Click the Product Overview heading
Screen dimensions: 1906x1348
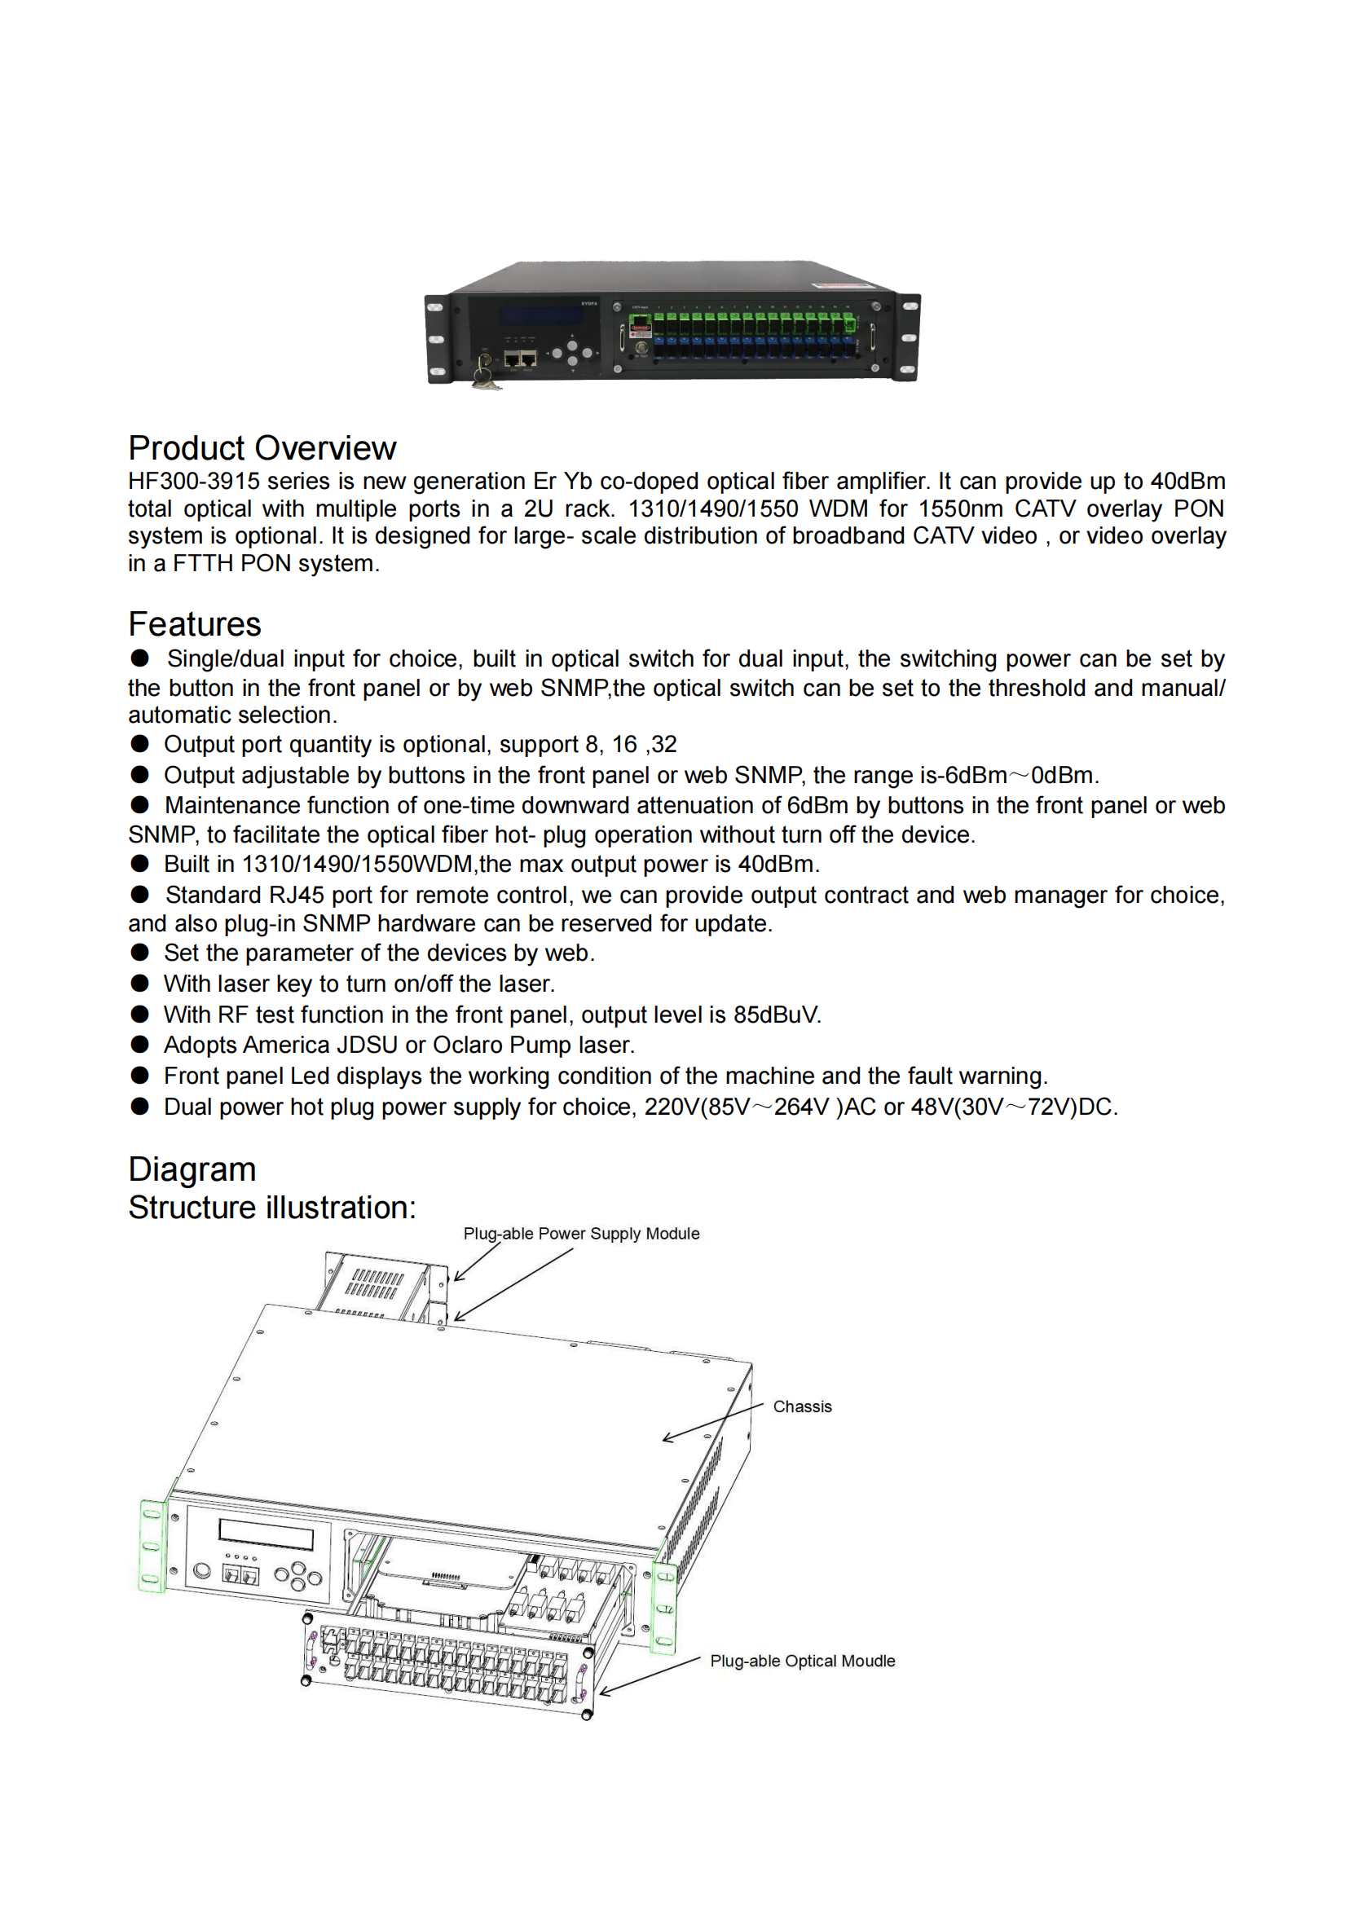[262, 448]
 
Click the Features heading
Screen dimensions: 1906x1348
[194, 624]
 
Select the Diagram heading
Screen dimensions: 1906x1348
[192, 1169]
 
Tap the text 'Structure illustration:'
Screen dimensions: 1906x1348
[271, 1208]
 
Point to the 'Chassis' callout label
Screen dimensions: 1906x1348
[802, 1407]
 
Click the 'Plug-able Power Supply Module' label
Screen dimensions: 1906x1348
[581, 1234]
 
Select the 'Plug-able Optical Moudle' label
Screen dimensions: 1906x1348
[802, 1661]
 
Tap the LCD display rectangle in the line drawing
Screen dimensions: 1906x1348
[266, 1534]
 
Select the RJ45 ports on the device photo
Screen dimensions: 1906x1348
[521, 359]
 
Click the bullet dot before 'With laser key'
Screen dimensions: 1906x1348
[139, 984]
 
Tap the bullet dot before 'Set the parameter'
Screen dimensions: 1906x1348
[139, 953]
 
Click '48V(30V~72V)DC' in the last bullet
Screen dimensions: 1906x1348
[1013, 1107]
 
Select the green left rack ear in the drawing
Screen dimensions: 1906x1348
[152, 1546]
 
